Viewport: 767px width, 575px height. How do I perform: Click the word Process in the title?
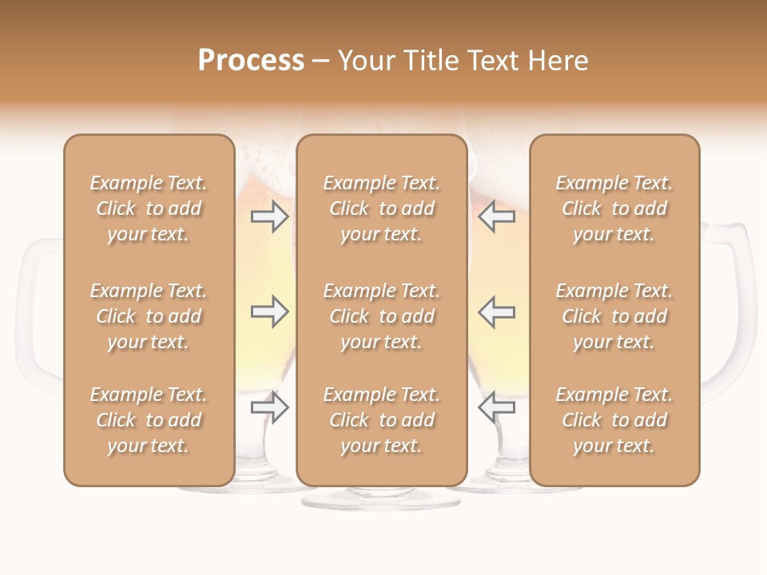point(251,61)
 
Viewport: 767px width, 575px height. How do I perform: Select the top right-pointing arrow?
point(270,216)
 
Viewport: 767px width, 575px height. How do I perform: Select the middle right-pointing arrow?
point(270,311)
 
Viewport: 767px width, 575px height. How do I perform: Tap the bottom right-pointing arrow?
point(270,407)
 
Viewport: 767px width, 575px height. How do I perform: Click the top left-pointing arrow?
point(496,216)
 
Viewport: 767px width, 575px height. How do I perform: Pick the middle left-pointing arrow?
point(496,311)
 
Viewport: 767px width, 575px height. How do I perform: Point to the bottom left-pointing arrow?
point(496,407)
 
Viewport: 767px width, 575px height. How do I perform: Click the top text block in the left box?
point(149,208)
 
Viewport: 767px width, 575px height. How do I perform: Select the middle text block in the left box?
point(149,316)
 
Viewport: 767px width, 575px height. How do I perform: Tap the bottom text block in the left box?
point(149,420)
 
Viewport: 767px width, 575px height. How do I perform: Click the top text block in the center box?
point(381,208)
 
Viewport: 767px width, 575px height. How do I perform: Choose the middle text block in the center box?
point(381,316)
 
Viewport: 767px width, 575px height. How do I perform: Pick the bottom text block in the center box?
point(381,420)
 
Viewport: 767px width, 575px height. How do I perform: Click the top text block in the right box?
point(614,208)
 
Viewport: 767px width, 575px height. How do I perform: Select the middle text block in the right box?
point(614,316)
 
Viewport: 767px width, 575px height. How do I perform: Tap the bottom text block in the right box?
point(614,420)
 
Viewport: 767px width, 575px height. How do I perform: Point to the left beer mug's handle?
point(32,319)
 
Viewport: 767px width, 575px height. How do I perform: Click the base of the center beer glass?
point(381,498)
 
